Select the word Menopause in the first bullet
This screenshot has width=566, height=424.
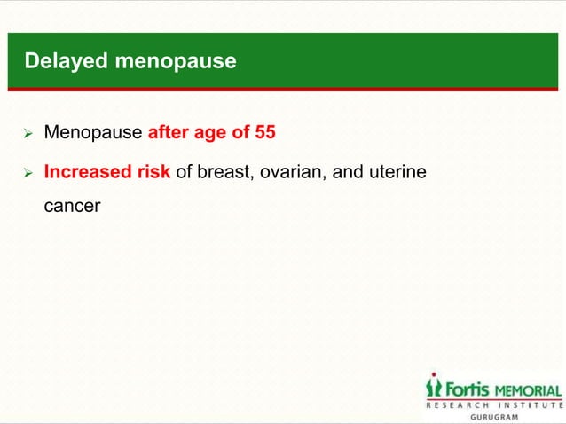coord(92,134)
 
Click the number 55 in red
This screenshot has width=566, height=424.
coord(264,134)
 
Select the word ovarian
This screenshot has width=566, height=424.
coord(294,171)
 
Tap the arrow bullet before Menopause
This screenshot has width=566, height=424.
coord(28,135)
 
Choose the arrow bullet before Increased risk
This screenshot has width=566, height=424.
coord(28,172)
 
